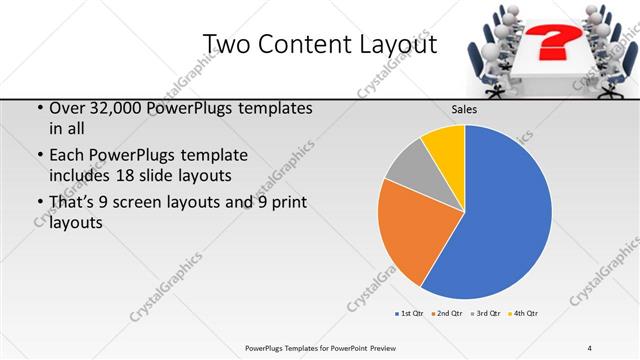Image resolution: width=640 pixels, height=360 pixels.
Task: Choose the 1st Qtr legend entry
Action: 409,314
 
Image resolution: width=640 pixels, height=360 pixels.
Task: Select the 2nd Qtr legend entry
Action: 446,314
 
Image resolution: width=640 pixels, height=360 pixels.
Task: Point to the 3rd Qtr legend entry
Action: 486,314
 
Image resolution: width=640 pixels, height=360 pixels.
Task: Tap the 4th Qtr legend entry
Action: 524,314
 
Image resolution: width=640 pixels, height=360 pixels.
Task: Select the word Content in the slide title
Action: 299,44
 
